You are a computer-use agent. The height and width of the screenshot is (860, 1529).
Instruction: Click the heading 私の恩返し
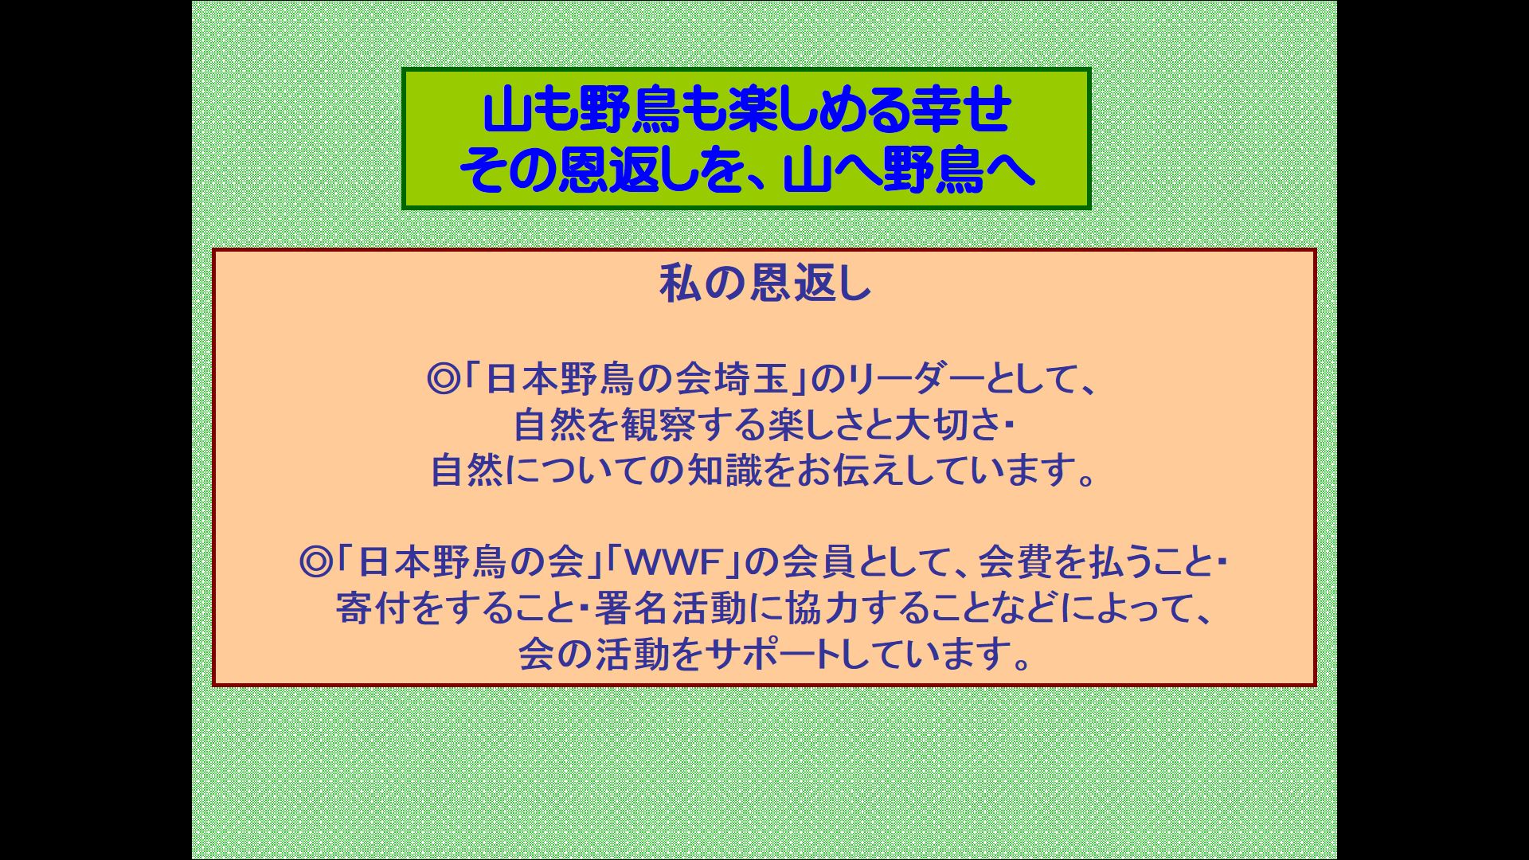765,284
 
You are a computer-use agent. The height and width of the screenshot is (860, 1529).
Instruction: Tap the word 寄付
372,609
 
